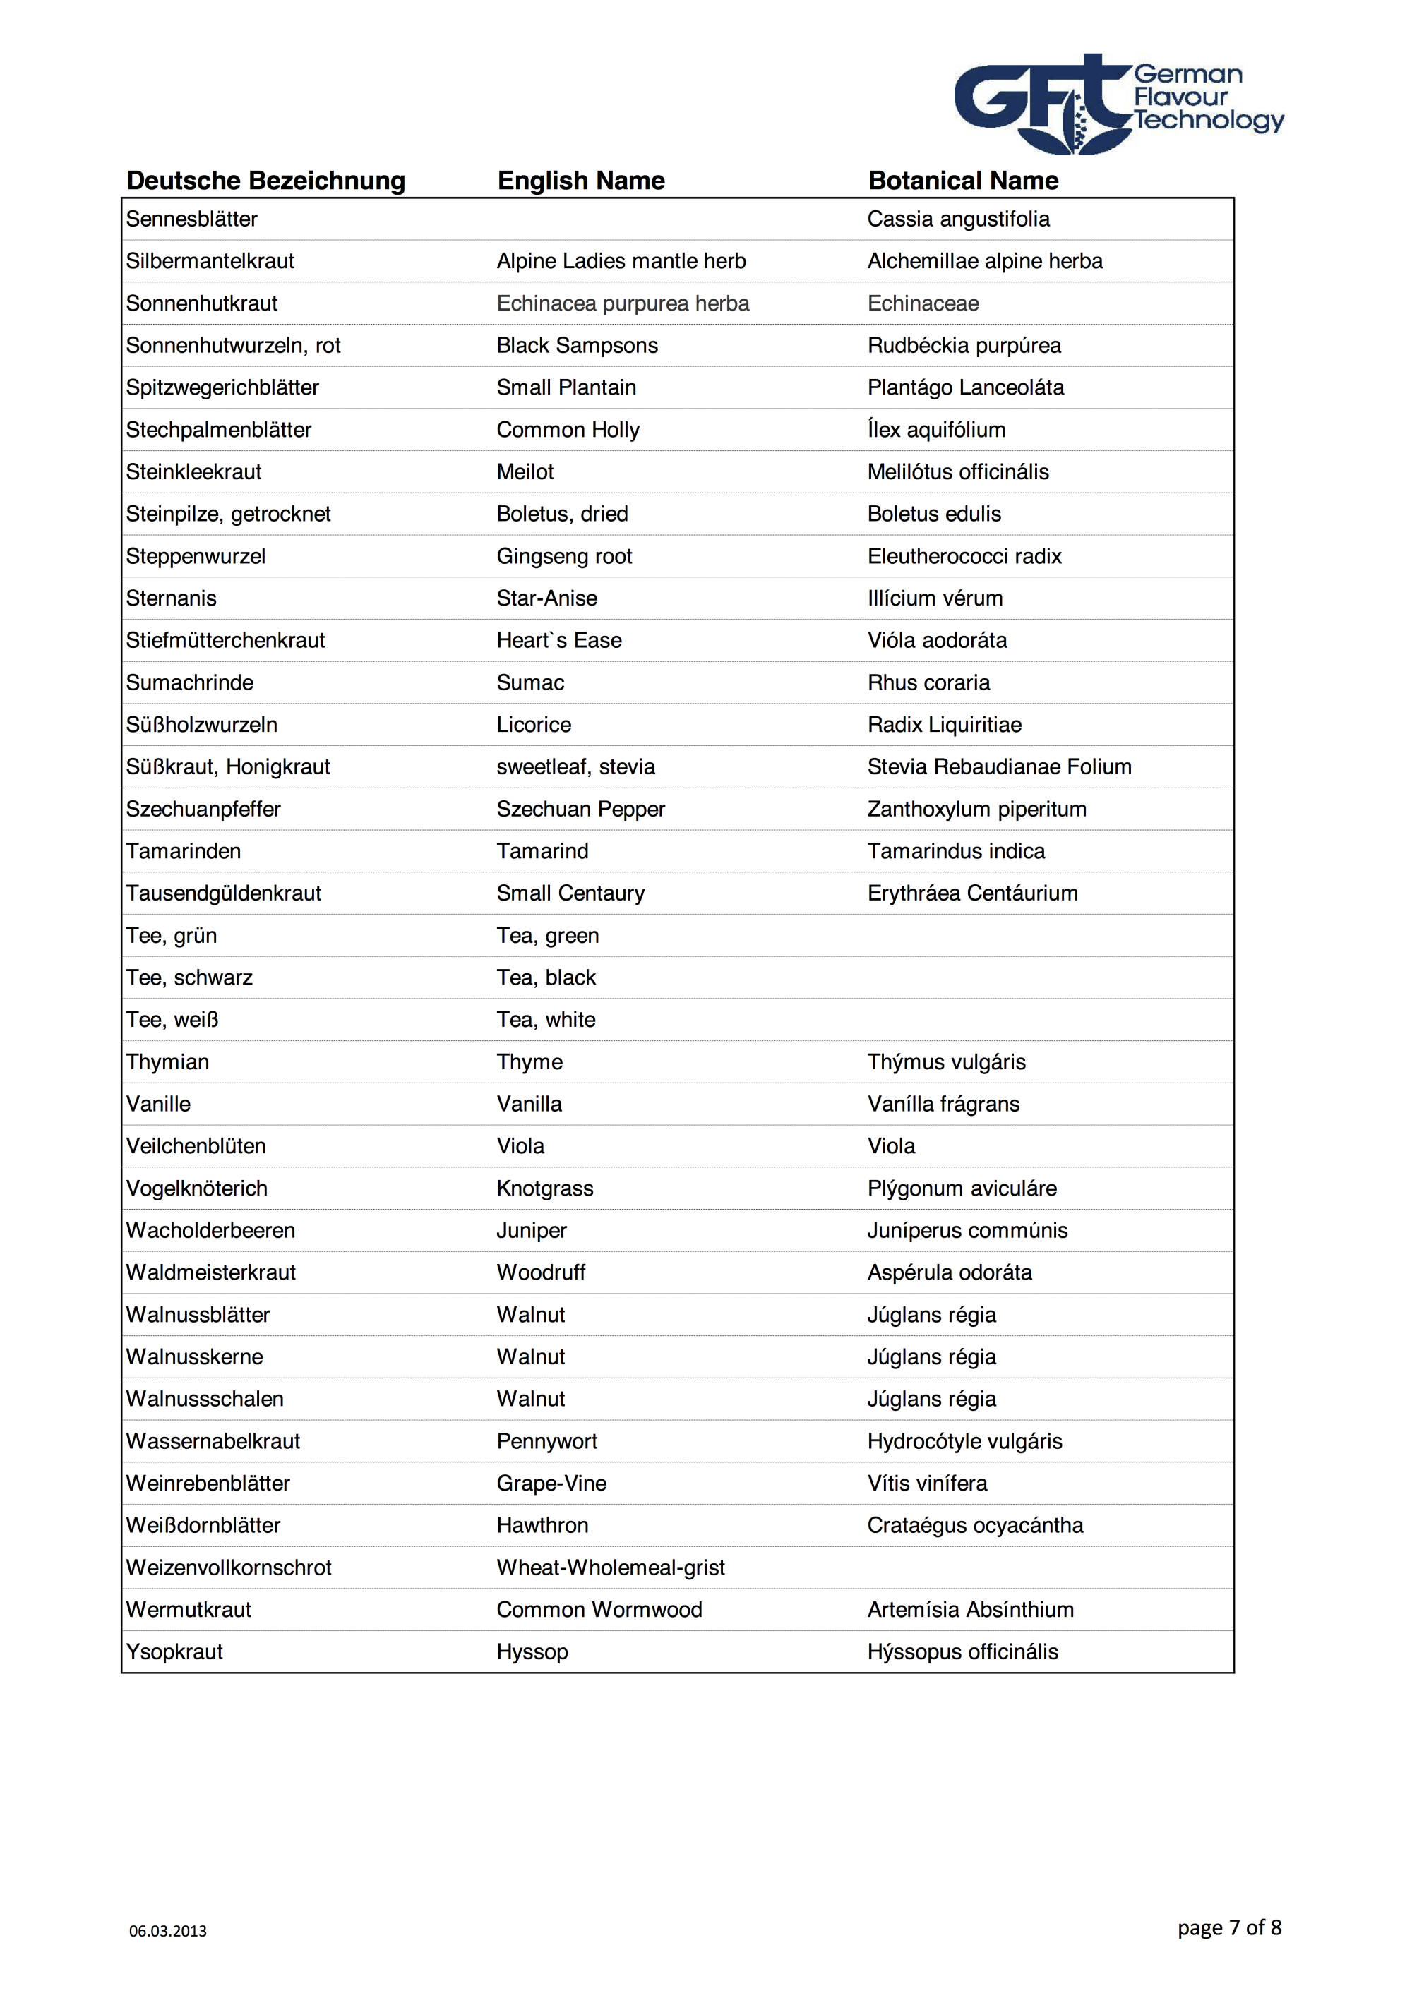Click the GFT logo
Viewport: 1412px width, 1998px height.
click(1118, 104)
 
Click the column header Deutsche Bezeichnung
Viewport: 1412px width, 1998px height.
click(265, 181)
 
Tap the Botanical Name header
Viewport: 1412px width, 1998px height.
click(963, 181)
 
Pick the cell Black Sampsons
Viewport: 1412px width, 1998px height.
click(578, 346)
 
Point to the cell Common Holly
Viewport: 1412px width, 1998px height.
click(568, 430)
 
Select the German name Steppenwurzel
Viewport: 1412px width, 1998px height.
click(196, 556)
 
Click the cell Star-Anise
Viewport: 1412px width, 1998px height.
click(546, 598)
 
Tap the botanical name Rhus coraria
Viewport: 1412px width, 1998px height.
click(928, 683)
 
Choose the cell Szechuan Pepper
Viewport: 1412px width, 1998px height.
click(580, 810)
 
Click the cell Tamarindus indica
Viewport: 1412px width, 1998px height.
click(956, 851)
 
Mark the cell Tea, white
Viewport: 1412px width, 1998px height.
click(546, 1020)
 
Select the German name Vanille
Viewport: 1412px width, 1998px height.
click(158, 1105)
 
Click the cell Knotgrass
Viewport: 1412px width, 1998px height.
click(545, 1188)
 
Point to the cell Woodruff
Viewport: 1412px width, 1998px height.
click(541, 1273)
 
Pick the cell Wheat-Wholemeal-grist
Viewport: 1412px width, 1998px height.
click(610, 1568)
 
